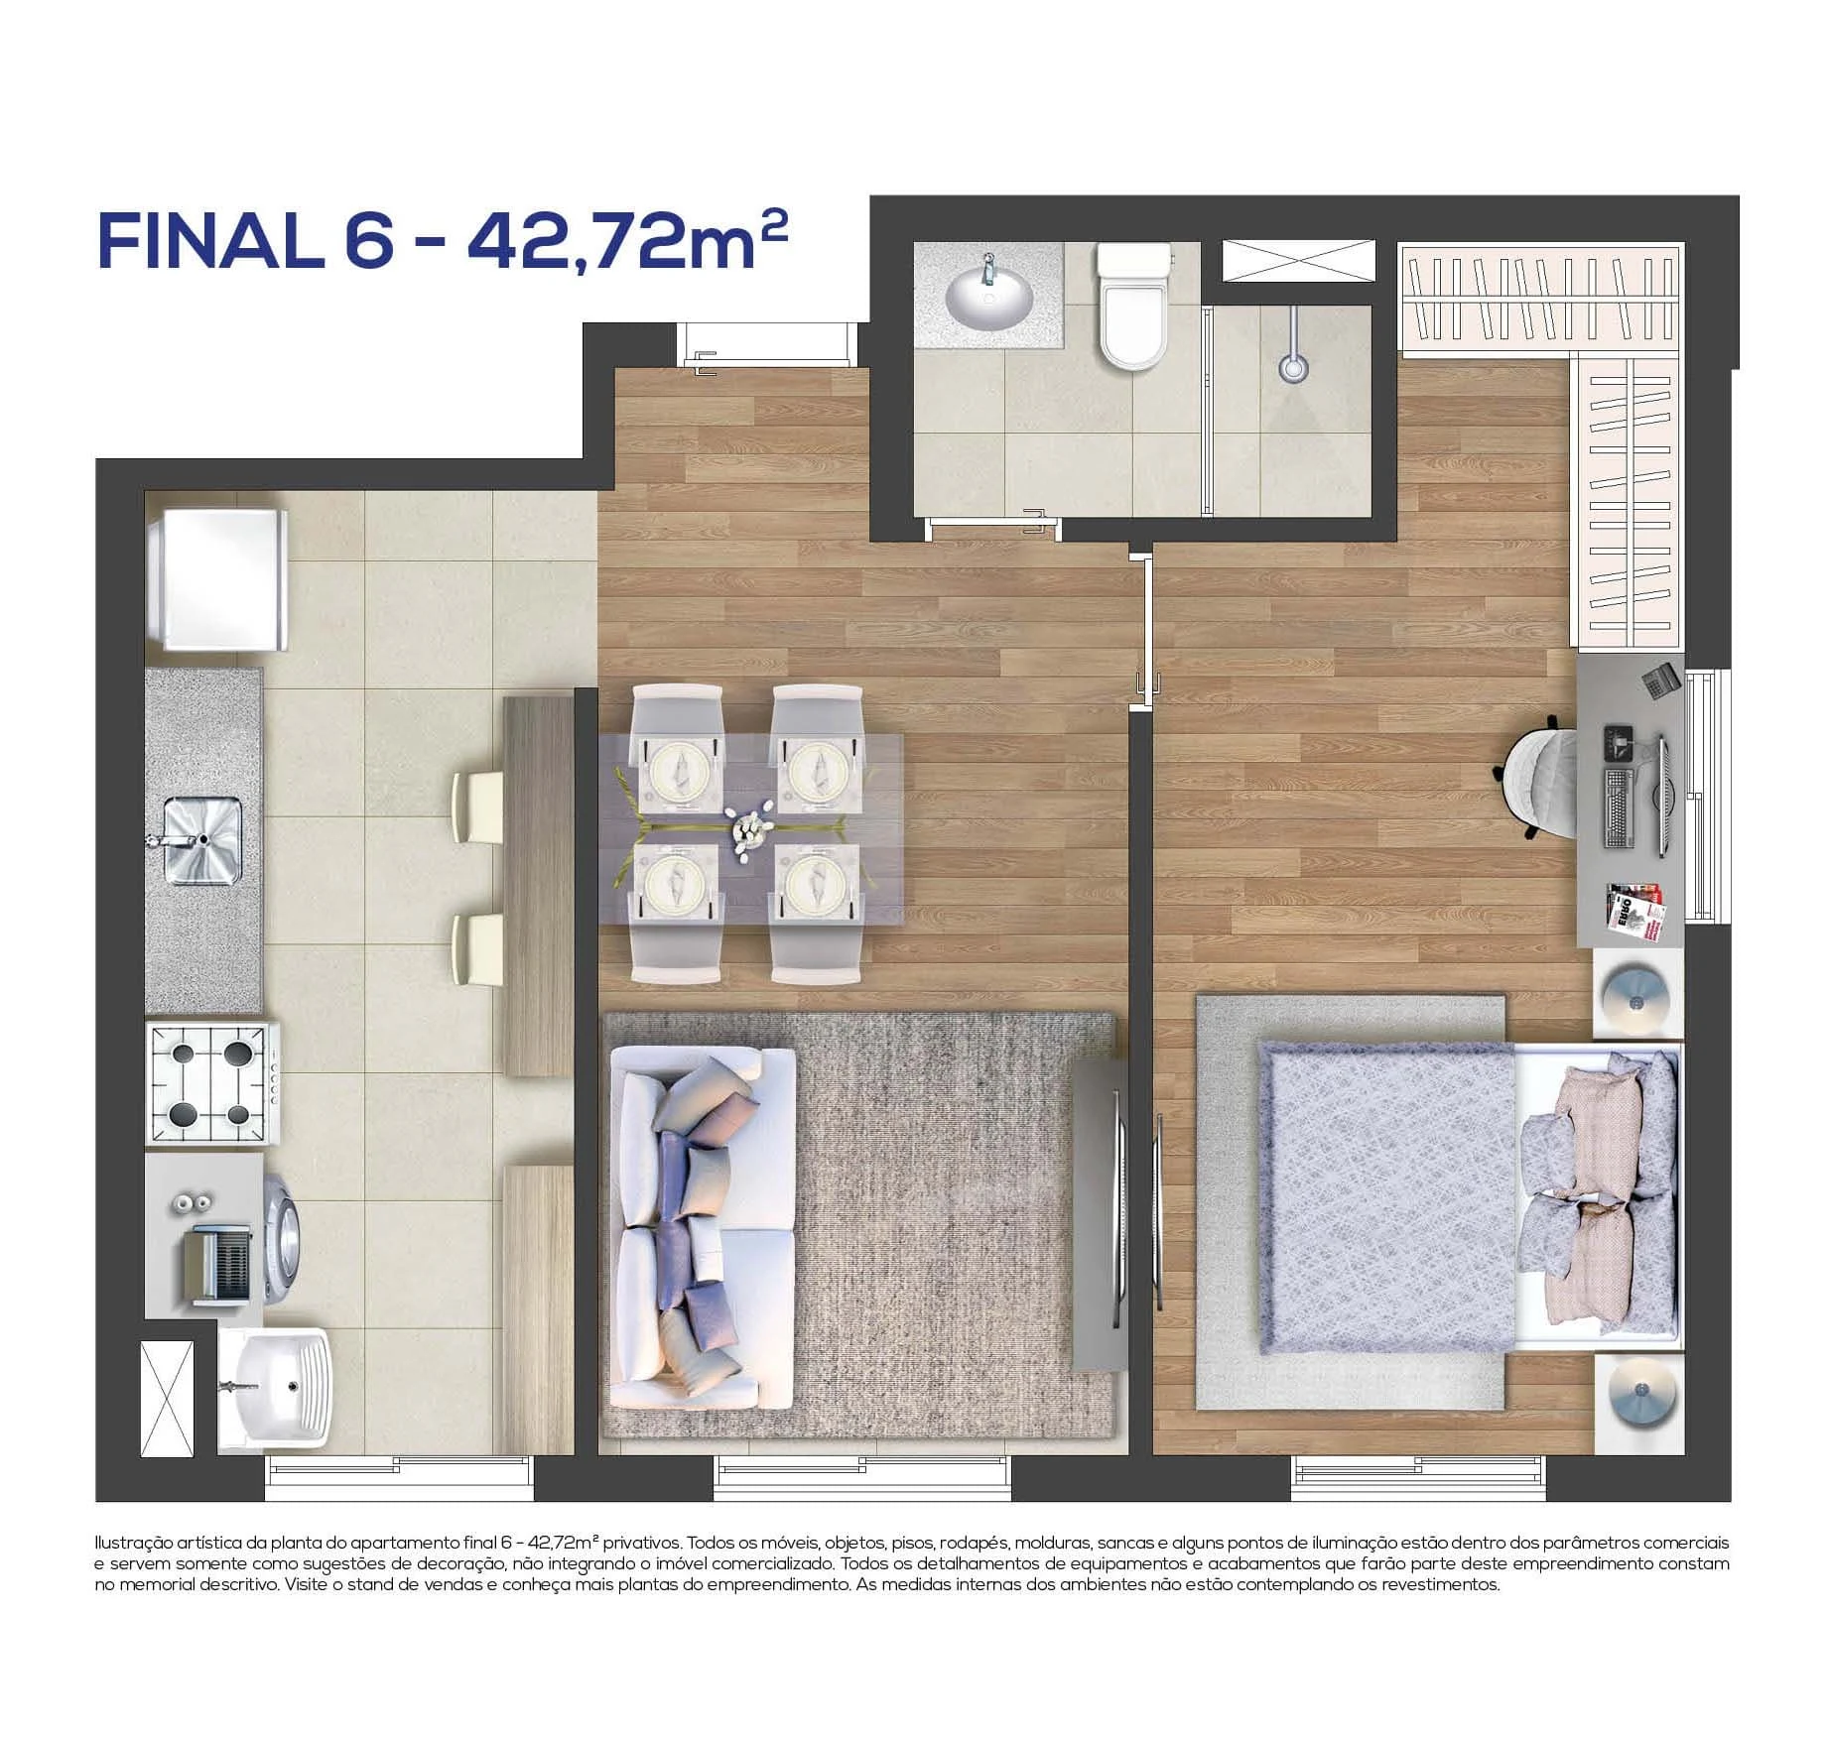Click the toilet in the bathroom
pos(1131,308)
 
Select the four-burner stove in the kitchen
pos(210,1086)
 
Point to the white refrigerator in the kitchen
pos(217,580)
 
